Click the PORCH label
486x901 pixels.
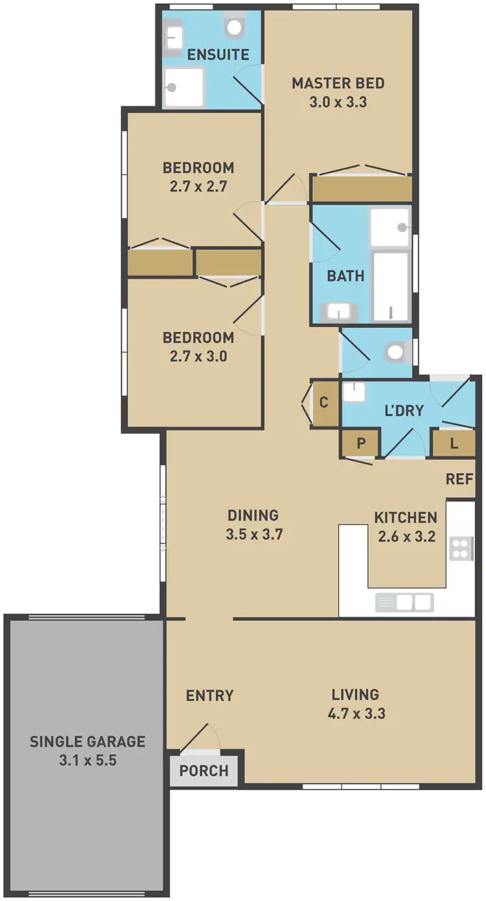203,771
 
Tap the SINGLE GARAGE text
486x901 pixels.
87,742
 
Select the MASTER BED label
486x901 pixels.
338,83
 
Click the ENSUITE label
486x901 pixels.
218,54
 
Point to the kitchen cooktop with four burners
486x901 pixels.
461,548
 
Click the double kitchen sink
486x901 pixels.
404,603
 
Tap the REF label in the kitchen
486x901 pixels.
459,479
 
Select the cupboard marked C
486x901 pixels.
325,403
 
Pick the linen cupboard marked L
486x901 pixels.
453,444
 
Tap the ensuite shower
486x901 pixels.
184,88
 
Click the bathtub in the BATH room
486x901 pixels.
391,286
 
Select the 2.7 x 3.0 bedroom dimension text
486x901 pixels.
198,356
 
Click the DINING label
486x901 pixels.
253,515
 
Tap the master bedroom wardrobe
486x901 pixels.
361,189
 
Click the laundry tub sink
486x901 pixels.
354,392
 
